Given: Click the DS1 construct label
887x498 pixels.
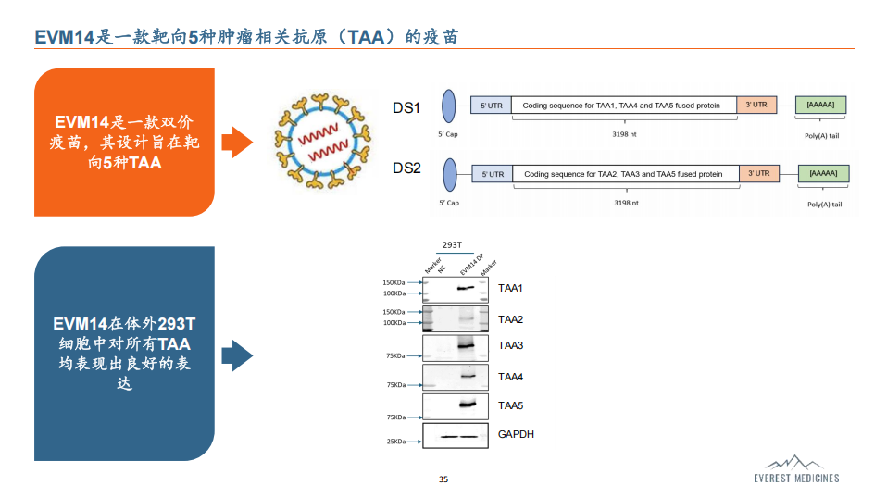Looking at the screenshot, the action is coord(406,108).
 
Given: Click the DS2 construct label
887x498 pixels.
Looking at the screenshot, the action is coord(406,168).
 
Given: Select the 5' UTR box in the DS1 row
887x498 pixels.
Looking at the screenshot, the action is coord(491,106).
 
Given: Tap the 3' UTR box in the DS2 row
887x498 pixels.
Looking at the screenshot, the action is coord(759,173).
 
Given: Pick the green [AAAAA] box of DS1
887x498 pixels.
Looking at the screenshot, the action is coord(821,105).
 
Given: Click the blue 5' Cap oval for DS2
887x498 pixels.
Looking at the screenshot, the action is coord(450,175).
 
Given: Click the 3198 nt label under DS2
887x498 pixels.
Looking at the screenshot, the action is coord(626,203).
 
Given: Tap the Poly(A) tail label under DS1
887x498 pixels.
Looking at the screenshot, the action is coord(822,136).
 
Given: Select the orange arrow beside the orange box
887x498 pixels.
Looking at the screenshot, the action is coord(237,142).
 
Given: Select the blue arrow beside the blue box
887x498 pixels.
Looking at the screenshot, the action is coord(237,355).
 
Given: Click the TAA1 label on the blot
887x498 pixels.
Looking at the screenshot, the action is coord(510,288).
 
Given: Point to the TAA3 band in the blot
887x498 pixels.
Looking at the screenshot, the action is coord(466,345).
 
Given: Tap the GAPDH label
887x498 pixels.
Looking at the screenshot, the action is coord(516,434).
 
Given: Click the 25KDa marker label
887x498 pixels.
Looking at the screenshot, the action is coord(396,442).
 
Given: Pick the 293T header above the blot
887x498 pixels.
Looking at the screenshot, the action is coord(452,244).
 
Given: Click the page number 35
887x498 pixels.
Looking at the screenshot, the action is coord(443,479).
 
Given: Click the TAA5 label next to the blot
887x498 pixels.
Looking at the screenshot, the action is coord(510,405).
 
